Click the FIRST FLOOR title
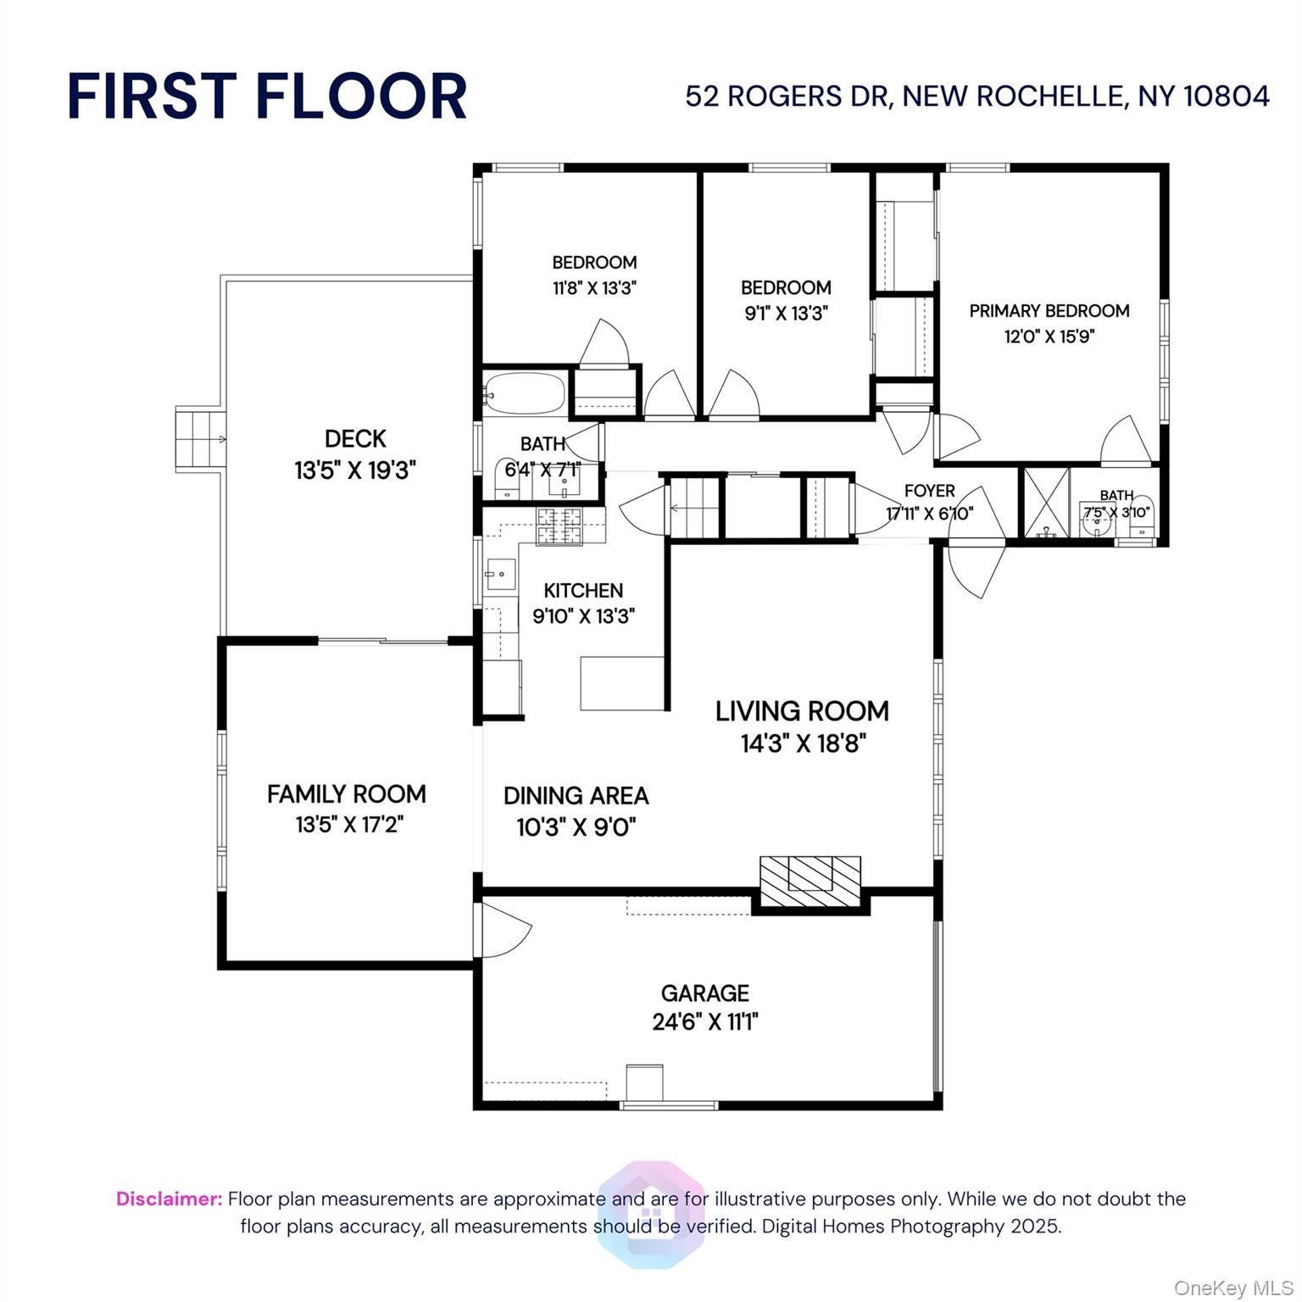pyautogui.click(x=266, y=96)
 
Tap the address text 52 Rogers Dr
pyautogui.click(x=976, y=96)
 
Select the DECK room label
pyautogui.click(x=355, y=438)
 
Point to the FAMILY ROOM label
pyautogui.click(x=346, y=794)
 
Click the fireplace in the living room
pyautogui.click(x=810, y=882)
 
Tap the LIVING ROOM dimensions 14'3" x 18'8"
pyautogui.click(x=803, y=743)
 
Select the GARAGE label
pyautogui.click(x=704, y=993)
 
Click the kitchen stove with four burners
pyautogui.click(x=559, y=526)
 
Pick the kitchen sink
pyautogui.click(x=500, y=574)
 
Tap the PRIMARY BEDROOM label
pyautogui.click(x=1049, y=311)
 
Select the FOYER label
pyautogui.click(x=929, y=491)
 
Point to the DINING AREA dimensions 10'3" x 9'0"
pyautogui.click(x=576, y=826)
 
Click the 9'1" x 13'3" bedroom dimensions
pyautogui.click(x=786, y=313)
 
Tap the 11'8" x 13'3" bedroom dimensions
pyautogui.click(x=594, y=288)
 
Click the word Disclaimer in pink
pyautogui.click(x=169, y=1199)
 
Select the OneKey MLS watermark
pyautogui.click(x=1232, y=1288)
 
